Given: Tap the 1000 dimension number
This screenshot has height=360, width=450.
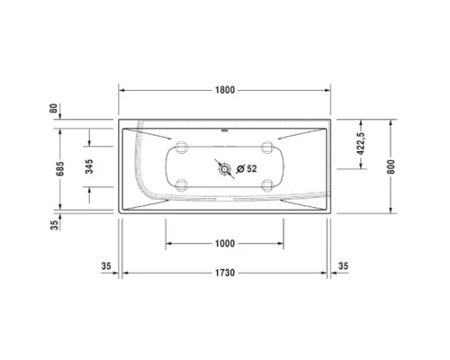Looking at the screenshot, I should click(x=225, y=243).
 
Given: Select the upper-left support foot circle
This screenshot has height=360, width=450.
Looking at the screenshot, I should click(x=183, y=148).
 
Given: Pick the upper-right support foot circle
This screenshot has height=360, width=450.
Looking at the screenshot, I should click(x=266, y=148).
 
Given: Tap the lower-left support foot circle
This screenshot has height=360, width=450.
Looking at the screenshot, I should click(x=183, y=186).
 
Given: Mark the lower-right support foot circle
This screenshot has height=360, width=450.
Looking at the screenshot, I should click(x=266, y=186).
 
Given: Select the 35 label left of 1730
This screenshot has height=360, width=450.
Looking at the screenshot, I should click(x=105, y=266).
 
